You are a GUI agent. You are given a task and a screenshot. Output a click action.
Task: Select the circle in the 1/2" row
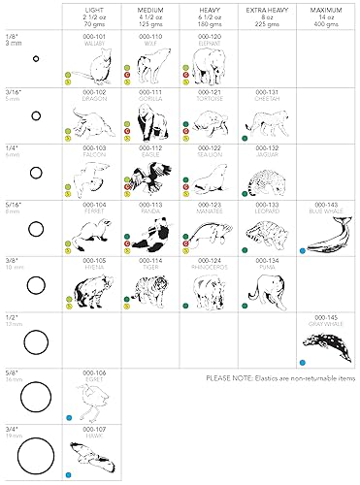click(36, 342)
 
